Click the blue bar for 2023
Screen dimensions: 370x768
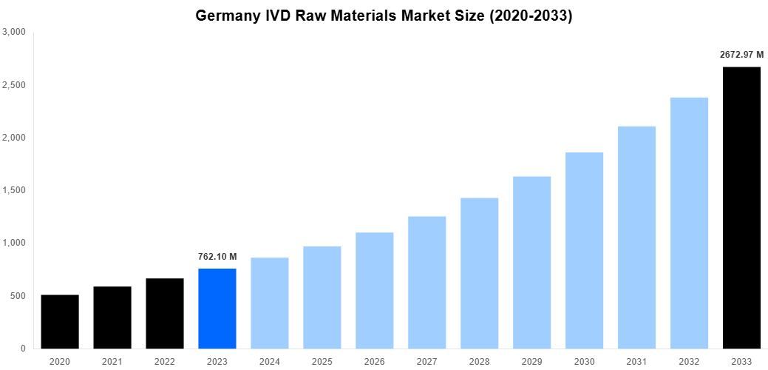(x=217, y=309)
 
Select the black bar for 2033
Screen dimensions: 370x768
(x=741, y=208)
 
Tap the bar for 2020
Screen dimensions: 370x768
(x=60, y=322)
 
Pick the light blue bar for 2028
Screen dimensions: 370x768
(x=480, y=273)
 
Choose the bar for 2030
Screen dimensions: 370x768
(x=584, y=250)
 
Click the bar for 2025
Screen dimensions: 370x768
(x=322, y=297)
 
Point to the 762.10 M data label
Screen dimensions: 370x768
(x=217, y=256)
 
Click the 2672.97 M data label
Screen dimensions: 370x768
(x=741, y=54)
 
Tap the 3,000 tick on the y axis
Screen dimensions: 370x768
(x=14, y=33)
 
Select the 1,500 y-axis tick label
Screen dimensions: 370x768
(x=14, y=190)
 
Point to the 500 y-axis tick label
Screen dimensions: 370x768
(x=18, y=296)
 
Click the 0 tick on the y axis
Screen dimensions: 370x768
(x=24, y=349)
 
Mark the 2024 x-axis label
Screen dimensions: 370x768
(x=270, y=361)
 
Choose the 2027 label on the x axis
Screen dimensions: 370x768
(x=427, y=361)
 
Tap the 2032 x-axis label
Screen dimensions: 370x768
(x=689, y=361)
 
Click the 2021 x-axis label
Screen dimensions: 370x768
(x=112, y=361)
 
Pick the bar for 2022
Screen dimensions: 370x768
(x=165, y=314)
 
